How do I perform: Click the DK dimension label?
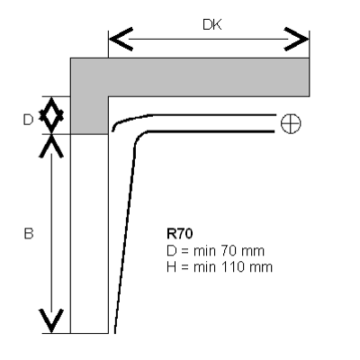[212, 24]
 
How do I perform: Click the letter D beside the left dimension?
[28, 120]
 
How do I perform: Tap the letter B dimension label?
[29, 233]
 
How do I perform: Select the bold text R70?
[180, 234]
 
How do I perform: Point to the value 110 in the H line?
[232, 266]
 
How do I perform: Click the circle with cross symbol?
[291, 123]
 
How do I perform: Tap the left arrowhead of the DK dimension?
[121, 39]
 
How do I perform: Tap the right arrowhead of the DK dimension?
[296, 39]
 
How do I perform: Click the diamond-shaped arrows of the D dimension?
[51, 115]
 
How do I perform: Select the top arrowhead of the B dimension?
[51, 146]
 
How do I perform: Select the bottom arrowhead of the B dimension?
[51, 320]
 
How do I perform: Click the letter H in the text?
[171, 266]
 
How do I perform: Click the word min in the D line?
[205, 250]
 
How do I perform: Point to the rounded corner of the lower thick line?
[139, 137]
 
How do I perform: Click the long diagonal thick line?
[125, 239]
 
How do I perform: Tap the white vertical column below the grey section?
[89, 233]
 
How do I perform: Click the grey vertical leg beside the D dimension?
[89, 115]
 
